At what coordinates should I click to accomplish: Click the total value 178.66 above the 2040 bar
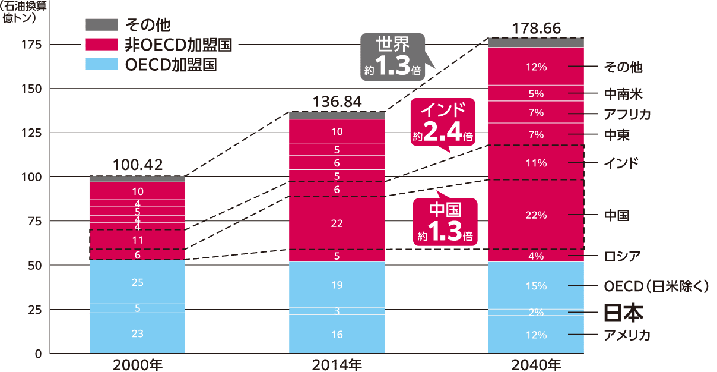[x=536, y=29]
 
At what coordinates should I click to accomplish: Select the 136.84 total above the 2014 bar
[x=337, y=102]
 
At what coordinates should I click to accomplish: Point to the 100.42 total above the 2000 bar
[x=137, y=165]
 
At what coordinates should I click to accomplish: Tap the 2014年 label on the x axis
[x=337, y=364]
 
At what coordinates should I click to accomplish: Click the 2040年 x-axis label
[x=536, y=364]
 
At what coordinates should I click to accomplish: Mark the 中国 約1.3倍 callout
[x=445, y=222]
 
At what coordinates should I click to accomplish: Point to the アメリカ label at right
[x=627, y=335]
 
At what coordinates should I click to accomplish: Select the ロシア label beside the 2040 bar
[x=621, y=256]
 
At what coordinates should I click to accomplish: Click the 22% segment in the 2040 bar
[x=536, y=215]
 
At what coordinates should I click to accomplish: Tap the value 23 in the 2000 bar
[x=137, y=334]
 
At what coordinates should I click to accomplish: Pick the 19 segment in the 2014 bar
[x=337, y=285]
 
